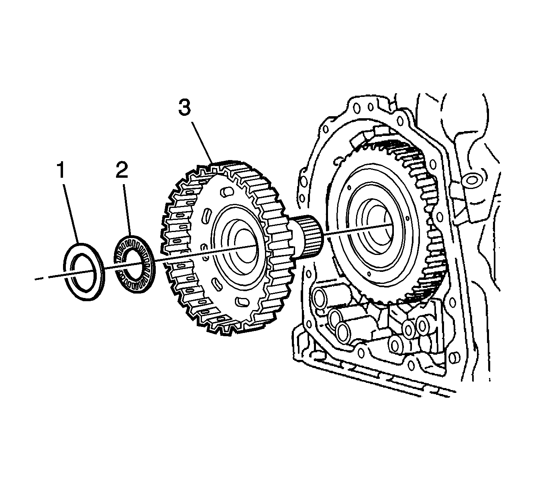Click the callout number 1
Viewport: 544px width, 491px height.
point(61,171)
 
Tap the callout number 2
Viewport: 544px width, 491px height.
point(122,171)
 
